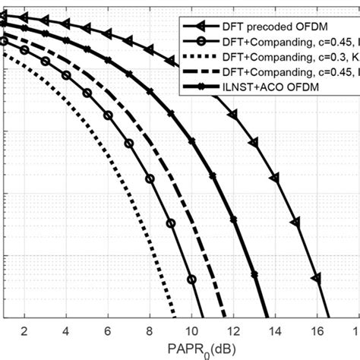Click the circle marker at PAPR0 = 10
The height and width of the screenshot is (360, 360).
tap(192, 279)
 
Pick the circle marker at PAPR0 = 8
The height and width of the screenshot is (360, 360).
tap(150, 179)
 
